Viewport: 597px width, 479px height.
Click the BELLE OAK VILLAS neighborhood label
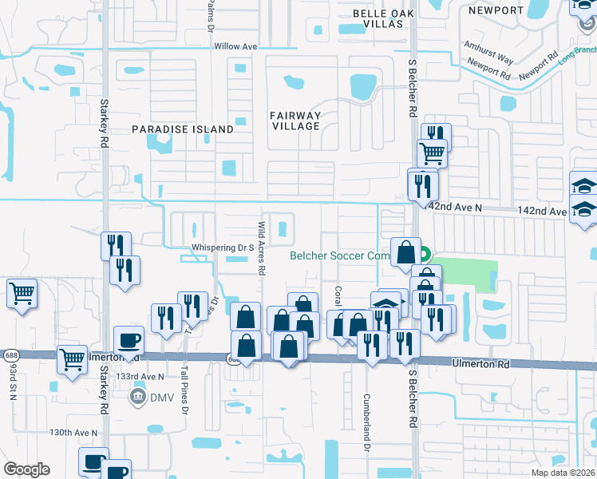[384, 18]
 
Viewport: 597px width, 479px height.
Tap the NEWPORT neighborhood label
[496, 10]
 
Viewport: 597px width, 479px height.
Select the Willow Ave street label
[235, 46]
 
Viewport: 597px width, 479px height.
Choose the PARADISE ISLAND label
[183, 129]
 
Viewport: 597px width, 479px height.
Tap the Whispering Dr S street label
[222, 247]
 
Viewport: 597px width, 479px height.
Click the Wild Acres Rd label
[261, 247]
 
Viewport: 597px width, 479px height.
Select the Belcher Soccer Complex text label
[338, 255]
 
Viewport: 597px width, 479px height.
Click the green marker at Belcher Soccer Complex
[424, 255]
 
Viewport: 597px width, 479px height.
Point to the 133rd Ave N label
[140, 376]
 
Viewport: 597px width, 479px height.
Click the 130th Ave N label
[73, 432]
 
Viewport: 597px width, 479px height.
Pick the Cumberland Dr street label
[367, 422]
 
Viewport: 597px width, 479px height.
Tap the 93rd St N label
[14, 381]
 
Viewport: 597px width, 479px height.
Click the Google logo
[26, 469]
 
